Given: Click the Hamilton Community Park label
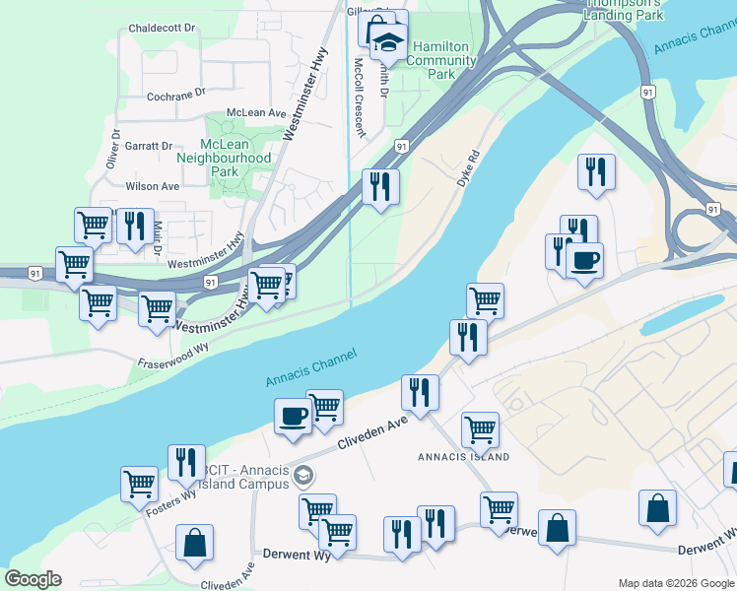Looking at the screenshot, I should pyautogui.click(x=442, y=60).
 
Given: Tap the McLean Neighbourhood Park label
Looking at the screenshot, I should pyautogui.click(x=224, y=158).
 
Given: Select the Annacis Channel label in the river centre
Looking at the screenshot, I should pyautogui.click(x=309, y=367).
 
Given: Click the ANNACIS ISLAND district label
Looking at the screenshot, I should pyautogui.click(x=463, y=457).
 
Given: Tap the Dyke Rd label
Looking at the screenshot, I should pyautogui.click(x=467, y=168).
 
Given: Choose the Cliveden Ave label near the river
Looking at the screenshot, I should pyautogui.click(x=372, y=433).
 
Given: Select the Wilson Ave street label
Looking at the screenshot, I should pyautogui.click(x=152, y=186).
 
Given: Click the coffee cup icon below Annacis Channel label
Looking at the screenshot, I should pyautogui.click(x=293, y=416).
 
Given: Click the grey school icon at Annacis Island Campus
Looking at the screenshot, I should pyautogui.click(x=304, y=477).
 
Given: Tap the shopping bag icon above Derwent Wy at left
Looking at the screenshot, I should pyautogui.click(x=195, y=541).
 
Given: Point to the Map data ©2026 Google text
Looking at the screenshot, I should pyautogui.click(x=675, y=584).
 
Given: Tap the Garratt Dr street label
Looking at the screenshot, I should pyautogui.click(x=149, y=145).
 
